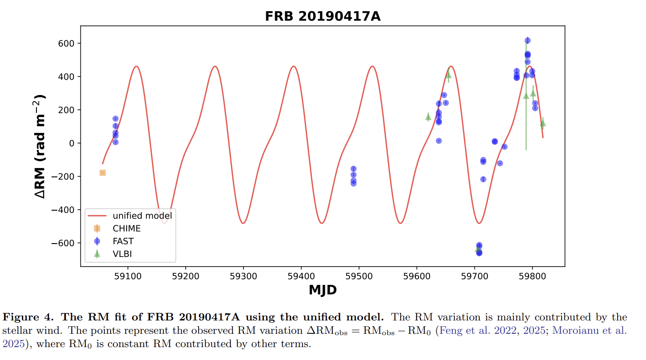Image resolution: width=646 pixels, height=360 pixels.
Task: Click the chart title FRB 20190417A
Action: (323, 16)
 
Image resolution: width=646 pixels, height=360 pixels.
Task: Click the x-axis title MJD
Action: (323, 290)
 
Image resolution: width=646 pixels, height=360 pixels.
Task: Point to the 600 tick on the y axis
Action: (65, 44)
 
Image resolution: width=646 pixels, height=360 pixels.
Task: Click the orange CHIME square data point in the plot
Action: (103, 173)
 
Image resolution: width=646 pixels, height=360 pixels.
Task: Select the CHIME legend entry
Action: (127, 229)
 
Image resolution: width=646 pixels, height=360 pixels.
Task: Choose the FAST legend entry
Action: (123, 241)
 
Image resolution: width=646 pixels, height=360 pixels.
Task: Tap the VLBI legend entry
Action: (122, 254)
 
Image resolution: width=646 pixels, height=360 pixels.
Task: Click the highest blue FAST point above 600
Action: (527, 40)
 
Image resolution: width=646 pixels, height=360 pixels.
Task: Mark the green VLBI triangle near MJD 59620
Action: (428, 117)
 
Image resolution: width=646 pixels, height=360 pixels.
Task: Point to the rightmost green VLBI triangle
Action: (543, 123)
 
